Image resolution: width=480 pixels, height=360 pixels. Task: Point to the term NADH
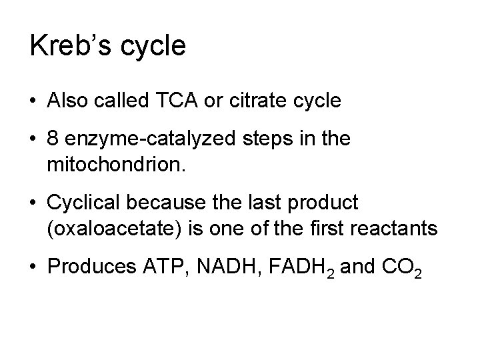(217, 271)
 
